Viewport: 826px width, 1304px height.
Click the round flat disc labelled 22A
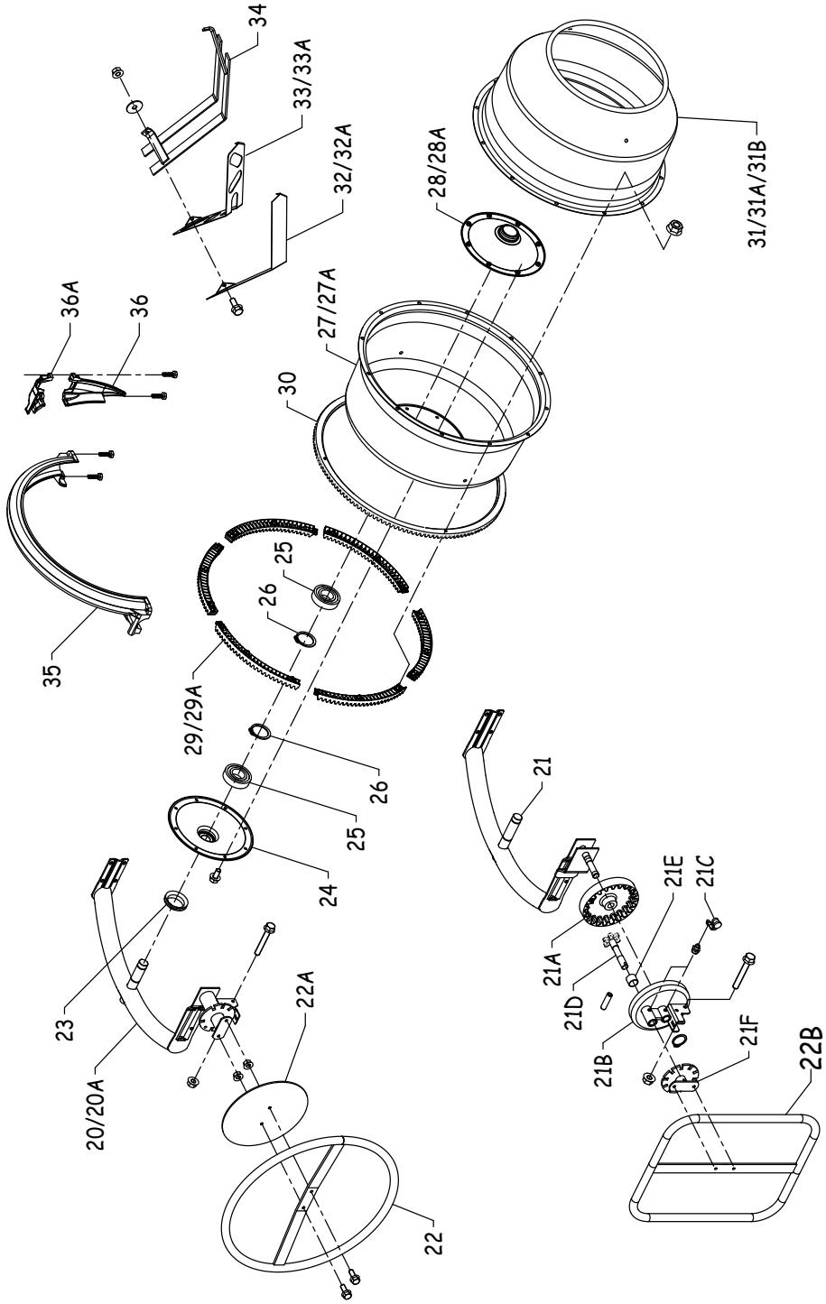coord(265,1114)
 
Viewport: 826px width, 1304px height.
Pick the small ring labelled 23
coord(175,899)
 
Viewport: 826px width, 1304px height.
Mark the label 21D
coord(575,997)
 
